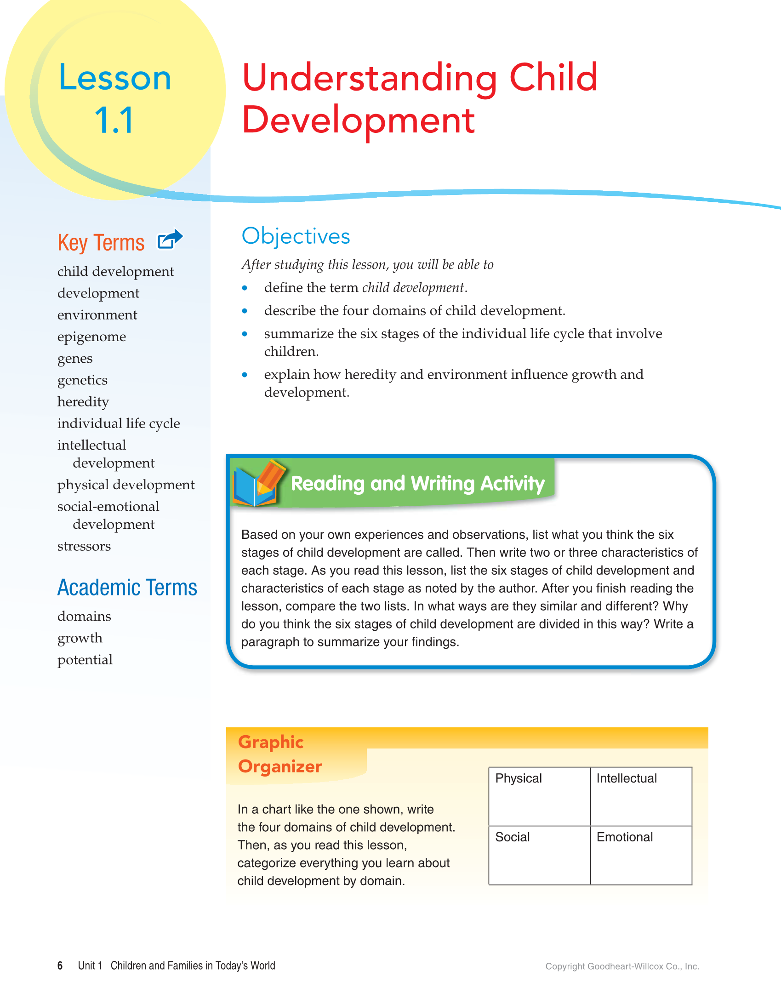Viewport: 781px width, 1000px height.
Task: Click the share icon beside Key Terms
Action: [x=170, y=239]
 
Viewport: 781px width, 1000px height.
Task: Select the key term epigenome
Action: [x=91, y=337]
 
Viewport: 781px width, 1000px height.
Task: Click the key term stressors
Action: [x=84, y=546]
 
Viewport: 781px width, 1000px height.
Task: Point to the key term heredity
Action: [x=83, y=402]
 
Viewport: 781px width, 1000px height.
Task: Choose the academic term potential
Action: [x=85, y=660]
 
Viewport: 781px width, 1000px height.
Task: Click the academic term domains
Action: [x=84, y=616]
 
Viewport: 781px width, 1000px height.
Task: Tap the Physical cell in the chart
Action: [x=539, y=796]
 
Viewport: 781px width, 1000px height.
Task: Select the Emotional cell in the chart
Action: [x=641, y=855]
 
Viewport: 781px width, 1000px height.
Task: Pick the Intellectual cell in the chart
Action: [x=641, y=796]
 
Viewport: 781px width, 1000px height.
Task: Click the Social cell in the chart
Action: [x=539, y=855]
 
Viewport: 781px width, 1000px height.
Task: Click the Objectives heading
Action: [x=296, y=236]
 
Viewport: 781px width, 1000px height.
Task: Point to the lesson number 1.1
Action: [x=114, y=120]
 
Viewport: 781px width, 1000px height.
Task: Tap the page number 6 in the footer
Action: [x=60, y=966]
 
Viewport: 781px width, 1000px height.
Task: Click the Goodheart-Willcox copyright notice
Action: [x=622, y=966]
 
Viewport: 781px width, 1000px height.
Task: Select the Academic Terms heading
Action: [x=127, y=588]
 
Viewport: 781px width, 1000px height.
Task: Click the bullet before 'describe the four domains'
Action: [x=245, y=311]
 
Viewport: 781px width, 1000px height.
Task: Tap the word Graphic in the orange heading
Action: [x=271, y=742]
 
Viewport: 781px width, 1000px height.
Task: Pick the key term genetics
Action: [x=82, y=380]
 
